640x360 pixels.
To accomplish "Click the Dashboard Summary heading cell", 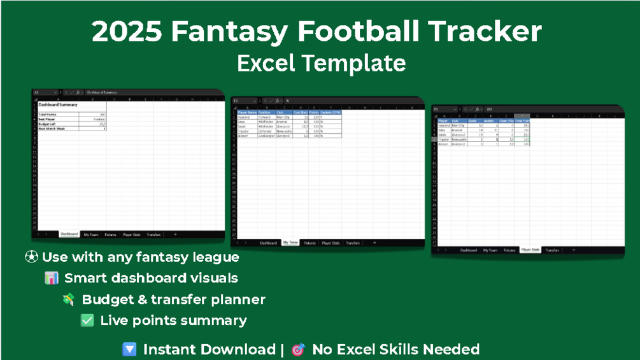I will (58, 104).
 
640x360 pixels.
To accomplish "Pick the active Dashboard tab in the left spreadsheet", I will (69, 234).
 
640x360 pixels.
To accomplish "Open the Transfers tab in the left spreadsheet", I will (153, 234).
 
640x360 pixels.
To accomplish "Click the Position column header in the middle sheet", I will (266, 113).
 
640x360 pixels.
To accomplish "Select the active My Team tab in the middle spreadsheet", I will (290, 243).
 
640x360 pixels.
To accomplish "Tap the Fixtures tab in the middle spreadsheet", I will (309, 243).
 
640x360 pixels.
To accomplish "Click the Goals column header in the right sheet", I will (473, 120).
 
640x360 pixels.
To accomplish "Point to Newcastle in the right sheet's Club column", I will (459, 140).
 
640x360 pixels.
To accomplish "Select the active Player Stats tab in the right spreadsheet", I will (530, 250).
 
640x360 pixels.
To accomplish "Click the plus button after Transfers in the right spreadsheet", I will (573, 250).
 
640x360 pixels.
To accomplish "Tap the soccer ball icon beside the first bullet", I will (31, 257).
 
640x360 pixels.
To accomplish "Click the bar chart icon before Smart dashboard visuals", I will (52, 278).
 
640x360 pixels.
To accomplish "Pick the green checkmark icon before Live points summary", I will (87, 320).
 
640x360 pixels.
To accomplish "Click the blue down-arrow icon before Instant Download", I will (129, 350).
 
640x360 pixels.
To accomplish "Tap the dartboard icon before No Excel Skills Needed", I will (297, 350).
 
